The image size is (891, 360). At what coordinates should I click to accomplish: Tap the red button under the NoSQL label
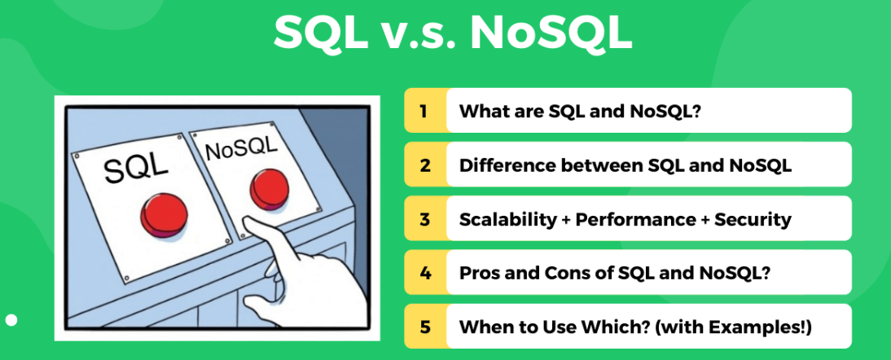pos(269,189)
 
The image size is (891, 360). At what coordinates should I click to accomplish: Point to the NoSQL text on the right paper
pos(241,148)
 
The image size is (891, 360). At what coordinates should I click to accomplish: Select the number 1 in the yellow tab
pos(424,111)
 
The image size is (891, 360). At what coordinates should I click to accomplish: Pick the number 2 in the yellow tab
pos(424,165)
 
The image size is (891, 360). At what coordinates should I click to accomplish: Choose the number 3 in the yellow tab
pos(424,218)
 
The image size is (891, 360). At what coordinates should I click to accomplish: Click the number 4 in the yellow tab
pos(424,273)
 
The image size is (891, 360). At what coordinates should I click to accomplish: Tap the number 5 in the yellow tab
pos(424,327)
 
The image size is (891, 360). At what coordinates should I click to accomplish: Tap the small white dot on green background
pos(11,320)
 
